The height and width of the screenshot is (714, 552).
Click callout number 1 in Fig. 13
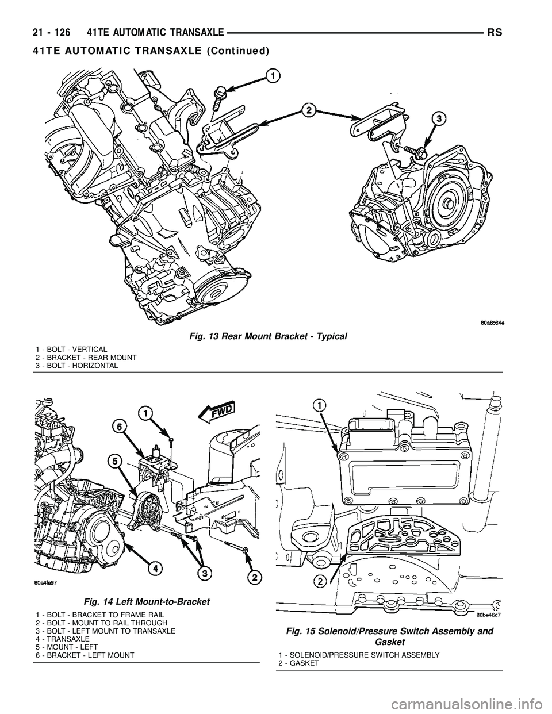click(272, 75)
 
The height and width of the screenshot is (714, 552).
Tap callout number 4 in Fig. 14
click(153, 569)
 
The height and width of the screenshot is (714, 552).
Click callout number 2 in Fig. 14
click(252, 576)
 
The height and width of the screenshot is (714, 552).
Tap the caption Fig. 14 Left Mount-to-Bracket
click(147, 601)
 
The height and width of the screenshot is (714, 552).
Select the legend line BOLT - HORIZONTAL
click(76, 366)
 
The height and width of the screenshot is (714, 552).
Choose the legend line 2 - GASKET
click(299, 663)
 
